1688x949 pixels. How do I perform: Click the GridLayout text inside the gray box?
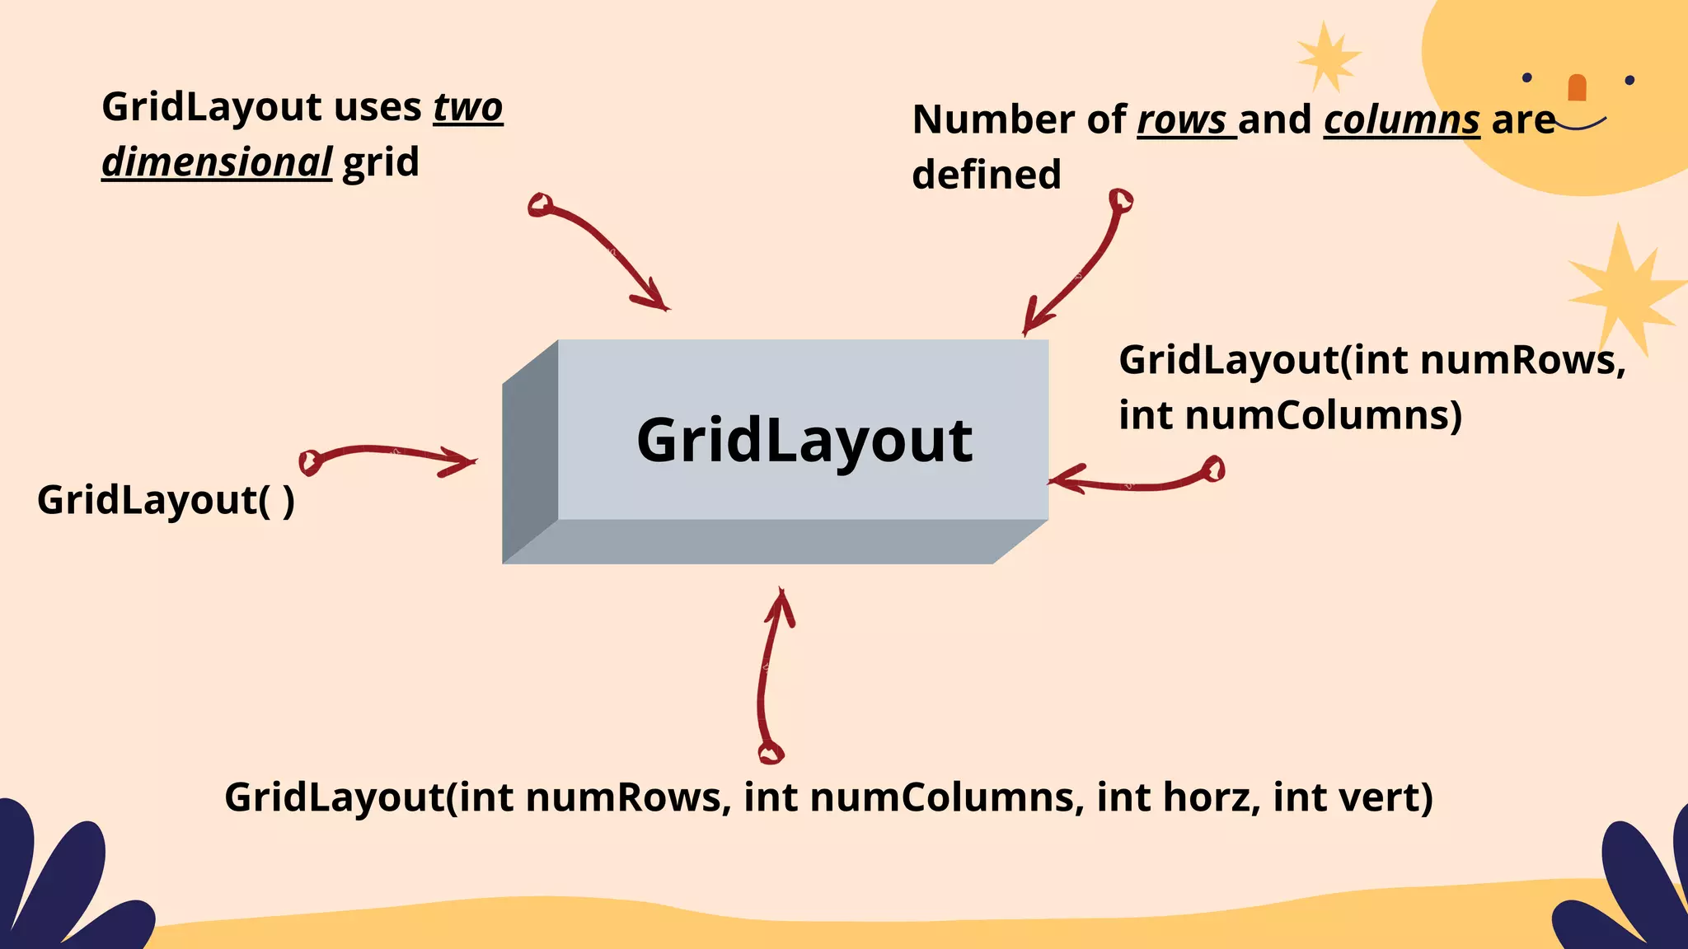tap(804, 441)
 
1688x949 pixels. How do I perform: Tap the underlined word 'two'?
tap(468, 108)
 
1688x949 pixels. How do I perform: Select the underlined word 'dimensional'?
tap(217, 162)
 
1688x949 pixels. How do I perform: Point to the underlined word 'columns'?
tap(1401, 120)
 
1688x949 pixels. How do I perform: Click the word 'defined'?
tap(987, 175)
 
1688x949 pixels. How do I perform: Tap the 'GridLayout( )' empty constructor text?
tap(166, 500)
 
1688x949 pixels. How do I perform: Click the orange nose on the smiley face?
tap(1577, 87)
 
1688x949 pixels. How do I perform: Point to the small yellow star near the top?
tap(1326, 56)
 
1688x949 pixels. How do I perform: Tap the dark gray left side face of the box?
tap(530, 451)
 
